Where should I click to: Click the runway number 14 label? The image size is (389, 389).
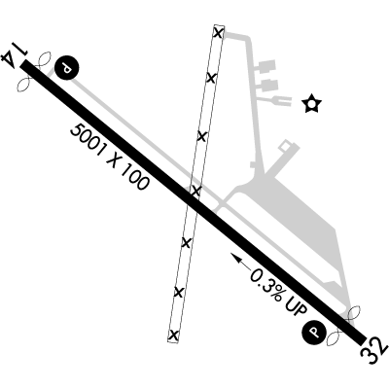pyautogui.click(x=15, y=54)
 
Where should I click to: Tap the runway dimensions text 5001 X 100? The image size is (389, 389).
pyautogui.click(x=110, y=158)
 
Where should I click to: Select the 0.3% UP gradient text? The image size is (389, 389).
pyautogui.click(x=278, y=292)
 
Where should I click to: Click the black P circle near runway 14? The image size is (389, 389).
pyautogui.click(x=67, y=67)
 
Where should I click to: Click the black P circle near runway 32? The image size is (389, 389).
pyautogui.click(x=314, y=332)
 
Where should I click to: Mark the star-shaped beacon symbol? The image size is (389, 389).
pyautogui.click(x=311, y=103)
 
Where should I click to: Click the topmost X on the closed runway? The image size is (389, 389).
pyautogui.click(x=219, y=33)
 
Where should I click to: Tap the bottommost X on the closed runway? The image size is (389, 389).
pyautogui.click(x=174, y=335)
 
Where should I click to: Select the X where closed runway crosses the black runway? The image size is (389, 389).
pyautogui.click(x=195, y=191)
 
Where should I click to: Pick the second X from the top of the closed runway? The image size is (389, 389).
pyautogui.click(x=211, y=78)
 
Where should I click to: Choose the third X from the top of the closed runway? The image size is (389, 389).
pyautogui.click(x=201, y=136)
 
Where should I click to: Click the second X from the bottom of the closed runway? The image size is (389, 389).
pyautogui.click(x=179, y=292)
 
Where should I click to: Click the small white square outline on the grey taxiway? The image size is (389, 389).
pyautogui.click(x=284, y=146)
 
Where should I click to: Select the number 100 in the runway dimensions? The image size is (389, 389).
pyautogui.click(x=135, y=178)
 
